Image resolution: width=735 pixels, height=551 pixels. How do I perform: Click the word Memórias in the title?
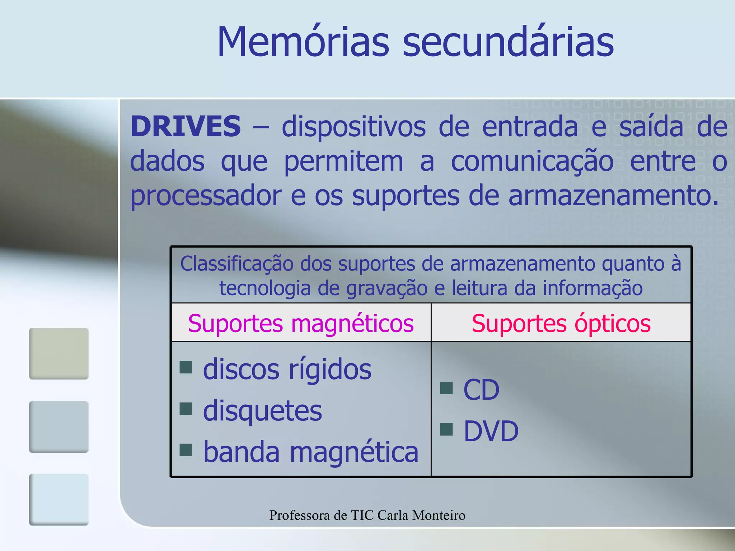click(303, 42)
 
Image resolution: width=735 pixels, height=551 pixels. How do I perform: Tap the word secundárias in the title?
click(508, 42)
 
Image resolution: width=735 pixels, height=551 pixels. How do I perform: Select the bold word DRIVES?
click(186, 126)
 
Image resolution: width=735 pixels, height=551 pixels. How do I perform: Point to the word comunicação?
click(532, 161)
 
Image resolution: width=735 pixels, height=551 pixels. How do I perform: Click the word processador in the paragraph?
click(206, 196)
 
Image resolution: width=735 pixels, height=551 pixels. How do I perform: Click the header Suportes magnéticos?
click(301, 323)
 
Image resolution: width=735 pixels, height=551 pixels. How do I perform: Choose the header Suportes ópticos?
click(561, 323)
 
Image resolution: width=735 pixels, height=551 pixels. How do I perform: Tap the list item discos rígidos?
click(287, 369)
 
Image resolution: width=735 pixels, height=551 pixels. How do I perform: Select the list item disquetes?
click(262, 410)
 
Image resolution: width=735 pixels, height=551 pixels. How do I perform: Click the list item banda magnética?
click(311, 452)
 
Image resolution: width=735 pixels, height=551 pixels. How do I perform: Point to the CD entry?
click(481, 390)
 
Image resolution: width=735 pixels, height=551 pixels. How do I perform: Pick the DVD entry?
click(491, 431)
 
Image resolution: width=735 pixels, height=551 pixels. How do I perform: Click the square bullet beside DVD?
click(446, 429)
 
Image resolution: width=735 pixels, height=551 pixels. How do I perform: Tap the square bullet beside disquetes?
click(186, 409)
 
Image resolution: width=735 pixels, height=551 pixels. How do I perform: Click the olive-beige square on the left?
click(58, 353)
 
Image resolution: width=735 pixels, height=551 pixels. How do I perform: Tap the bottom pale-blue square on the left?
click(58, 499)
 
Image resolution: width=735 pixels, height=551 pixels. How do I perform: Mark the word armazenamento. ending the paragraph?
click(614, 196)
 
